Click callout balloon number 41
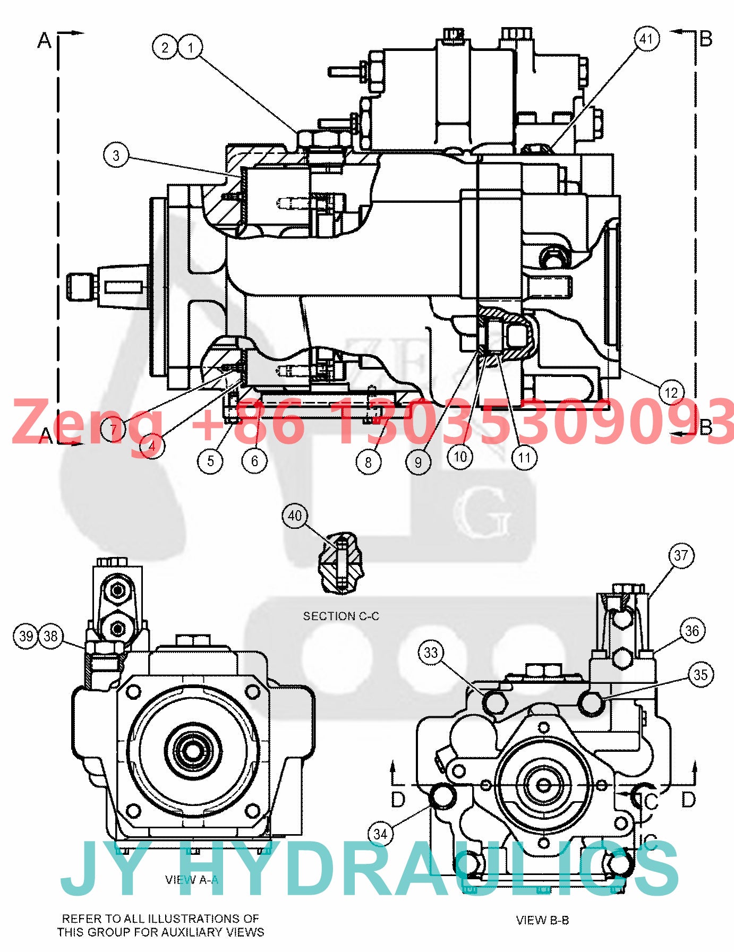coord(646,39)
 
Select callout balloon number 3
coord(116,156)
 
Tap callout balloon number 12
coord(671,393)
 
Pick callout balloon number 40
coord(295,516)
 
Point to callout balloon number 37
coord(681,556)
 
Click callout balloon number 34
coord(380,834)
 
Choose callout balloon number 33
coord(431,653)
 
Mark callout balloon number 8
coord(369,462)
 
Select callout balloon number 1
coord(191,47)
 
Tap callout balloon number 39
coord(26,636)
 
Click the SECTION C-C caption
coord(341,616)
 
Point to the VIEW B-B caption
coord(542,920)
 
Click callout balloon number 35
coord(701,675)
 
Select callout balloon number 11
coord(525,458)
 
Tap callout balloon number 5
coord(211,460)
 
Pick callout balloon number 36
coord(692,631)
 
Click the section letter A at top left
coord(45,40)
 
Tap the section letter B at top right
coord(706,39)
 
